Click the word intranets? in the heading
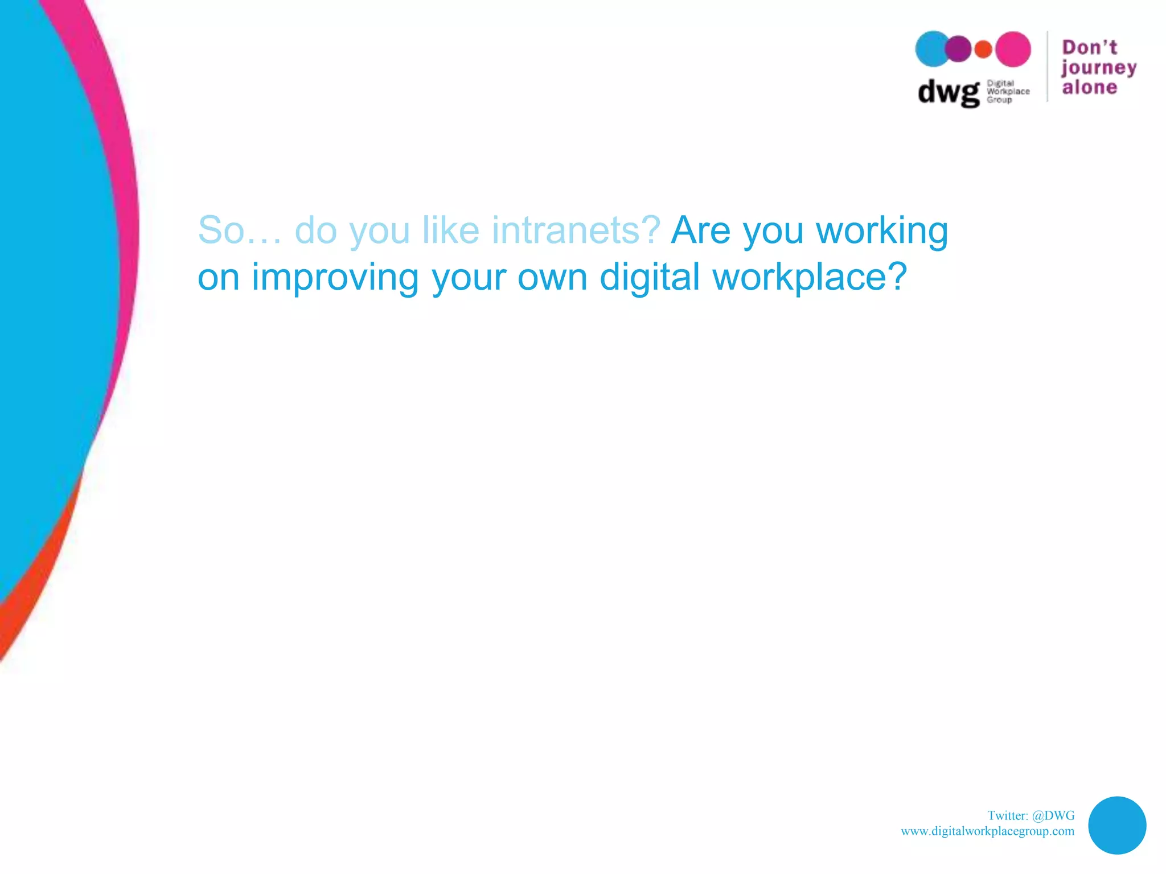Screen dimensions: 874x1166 pyautogui.click(x=576, y=230)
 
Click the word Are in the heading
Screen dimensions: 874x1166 pyautogui.click(x=700, y=230)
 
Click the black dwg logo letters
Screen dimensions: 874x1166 pyautogui.click(x=949, y=92)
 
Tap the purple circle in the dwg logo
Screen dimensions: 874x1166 pyautogui.click(x=959, y=49)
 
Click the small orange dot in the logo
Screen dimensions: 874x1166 pyautogui.click(x=983, y=50)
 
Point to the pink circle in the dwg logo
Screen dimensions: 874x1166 pyautogui.click(x=1013, y=49)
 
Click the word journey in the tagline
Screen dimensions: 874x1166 pyautogui.click(x=1098, y=68)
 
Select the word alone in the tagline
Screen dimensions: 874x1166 pyautogui.click(x=1089, y=88)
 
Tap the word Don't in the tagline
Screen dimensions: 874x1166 pyautogui.click(x=1089, y=47)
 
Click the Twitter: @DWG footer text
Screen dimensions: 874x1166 pyautogui.click(x=1030, y=816)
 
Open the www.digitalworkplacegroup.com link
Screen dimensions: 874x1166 pyautogui.click(x=987, y=831)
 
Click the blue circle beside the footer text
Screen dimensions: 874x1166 pyautogui.click(x=1116, y=825)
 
